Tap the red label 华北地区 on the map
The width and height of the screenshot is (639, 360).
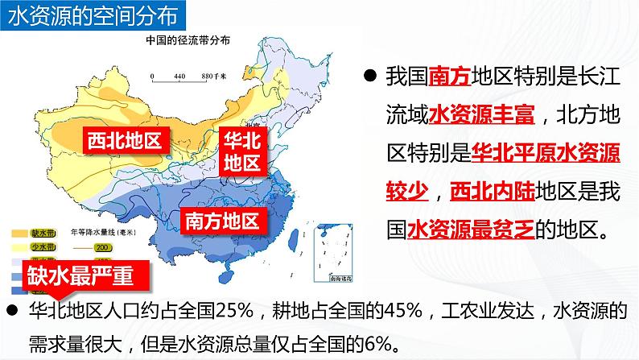pyautogui.click(x=241, y=151)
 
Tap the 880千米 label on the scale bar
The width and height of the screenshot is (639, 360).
pyautogui.click(x=214, y=76)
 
